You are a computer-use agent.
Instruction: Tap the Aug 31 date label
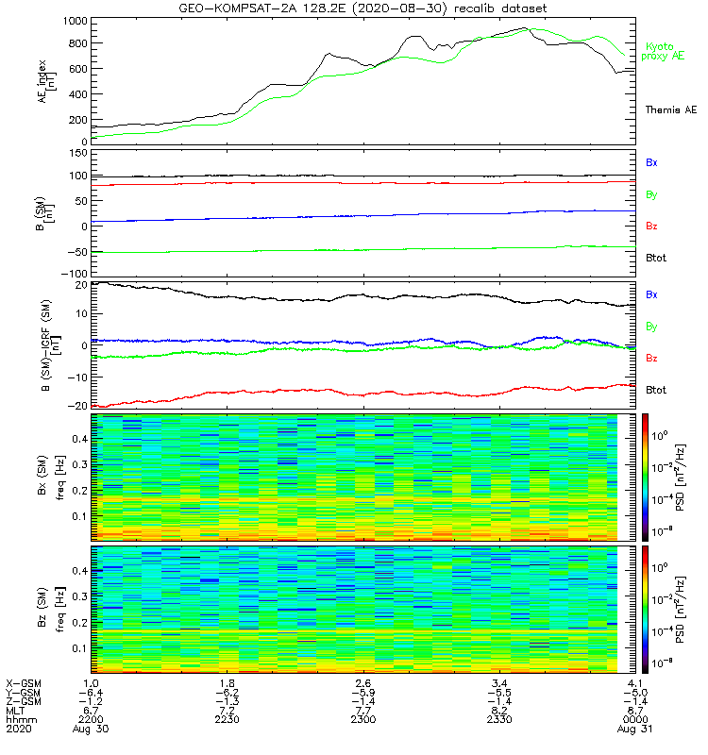pos(620,730)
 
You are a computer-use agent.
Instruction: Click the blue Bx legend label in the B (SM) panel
pos(651,162)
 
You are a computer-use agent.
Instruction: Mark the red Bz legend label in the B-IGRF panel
pos(651,359)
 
